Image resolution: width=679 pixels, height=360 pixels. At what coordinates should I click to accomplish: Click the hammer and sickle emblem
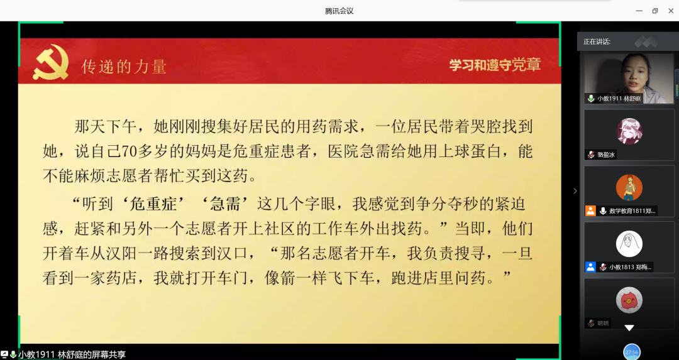(51, 63)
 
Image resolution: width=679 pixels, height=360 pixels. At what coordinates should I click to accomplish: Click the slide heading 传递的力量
(124, 67)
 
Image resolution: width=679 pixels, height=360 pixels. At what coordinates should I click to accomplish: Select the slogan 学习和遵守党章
(495, 65)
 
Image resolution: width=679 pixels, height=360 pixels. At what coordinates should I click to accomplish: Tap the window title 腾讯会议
(339, 11)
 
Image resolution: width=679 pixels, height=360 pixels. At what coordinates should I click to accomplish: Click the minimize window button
(639, 11)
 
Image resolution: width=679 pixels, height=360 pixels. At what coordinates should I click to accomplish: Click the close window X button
(671, 11)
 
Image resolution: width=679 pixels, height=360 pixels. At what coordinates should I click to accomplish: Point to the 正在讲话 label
(597, 41)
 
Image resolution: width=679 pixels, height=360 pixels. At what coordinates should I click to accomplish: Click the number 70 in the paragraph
(129, 151)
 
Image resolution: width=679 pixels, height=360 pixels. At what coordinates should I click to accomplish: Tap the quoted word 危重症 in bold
(153, 204)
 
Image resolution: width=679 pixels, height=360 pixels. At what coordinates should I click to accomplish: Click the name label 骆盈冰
(606, 155)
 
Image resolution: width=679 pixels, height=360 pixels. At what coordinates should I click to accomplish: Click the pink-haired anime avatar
(629, 131)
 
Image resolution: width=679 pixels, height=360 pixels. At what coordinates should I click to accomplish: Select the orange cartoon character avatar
(629, 187)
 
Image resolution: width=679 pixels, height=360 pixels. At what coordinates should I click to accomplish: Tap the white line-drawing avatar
(629, 244)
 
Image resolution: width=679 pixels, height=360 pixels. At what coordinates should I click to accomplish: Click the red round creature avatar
(629, 300)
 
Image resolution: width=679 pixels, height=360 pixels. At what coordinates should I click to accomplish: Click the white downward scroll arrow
(629, 328)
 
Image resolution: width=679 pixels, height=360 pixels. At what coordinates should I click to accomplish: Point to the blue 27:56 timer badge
(632, 352)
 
